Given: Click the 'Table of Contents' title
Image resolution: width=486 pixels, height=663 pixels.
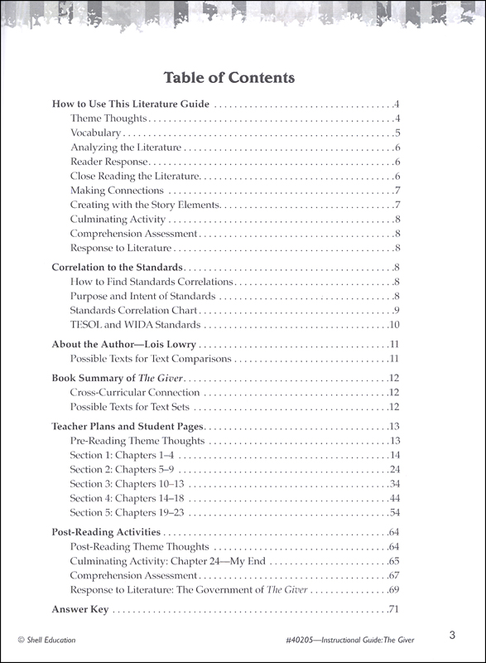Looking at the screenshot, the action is [229, 79].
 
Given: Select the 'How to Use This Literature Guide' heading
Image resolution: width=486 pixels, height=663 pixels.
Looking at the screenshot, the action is [130, 105].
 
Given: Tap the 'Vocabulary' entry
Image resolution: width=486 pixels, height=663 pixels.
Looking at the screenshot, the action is [95, 133].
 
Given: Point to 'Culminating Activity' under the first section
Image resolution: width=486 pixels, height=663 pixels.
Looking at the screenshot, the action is [118, 220].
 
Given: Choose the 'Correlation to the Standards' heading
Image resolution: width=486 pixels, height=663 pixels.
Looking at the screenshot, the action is [117, 269].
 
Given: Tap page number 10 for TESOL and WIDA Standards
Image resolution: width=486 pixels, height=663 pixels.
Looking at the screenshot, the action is [395, 324].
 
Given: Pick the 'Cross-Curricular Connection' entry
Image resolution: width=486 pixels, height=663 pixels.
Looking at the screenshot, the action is [135, 393].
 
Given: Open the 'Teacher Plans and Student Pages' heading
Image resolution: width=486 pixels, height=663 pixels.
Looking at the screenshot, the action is [128, 427].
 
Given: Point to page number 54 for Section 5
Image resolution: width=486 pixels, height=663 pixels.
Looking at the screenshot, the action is [395, 512].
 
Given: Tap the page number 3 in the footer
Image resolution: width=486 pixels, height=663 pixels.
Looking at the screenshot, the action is [452, 636].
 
